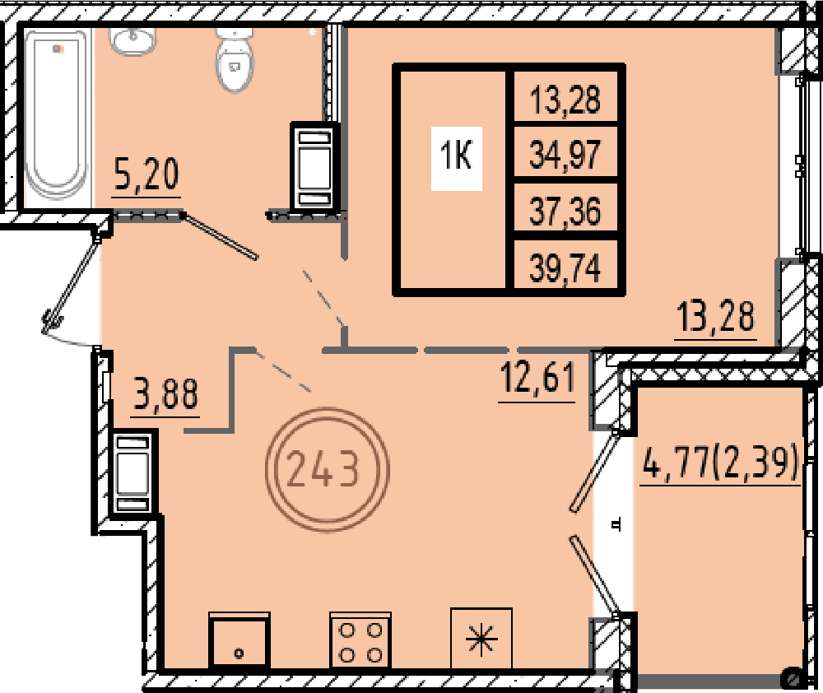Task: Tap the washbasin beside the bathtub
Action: click(x=133, y=41)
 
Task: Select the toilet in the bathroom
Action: click(x=234, y=59)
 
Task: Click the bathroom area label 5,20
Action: click(x=146, y=174)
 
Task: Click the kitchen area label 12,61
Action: click(x=537, y=377)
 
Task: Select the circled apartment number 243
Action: click(x=327, y=469)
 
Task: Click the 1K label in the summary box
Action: click(x=457, y=157)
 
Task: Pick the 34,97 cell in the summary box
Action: click(x=565, y=155)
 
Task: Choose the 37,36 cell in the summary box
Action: click(x=565, y=211)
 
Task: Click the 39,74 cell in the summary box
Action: click(x=565, y=267)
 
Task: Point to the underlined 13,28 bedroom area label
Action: click(x=716, y=317)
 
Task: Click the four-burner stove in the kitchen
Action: click(x=360, y=640)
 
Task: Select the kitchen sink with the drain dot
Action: click(x=239, y=640)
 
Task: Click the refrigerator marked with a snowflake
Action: click(x=481, y=639)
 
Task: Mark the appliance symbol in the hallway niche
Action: click(x=133, y=473)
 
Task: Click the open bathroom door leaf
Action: click(x=221, y=236)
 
